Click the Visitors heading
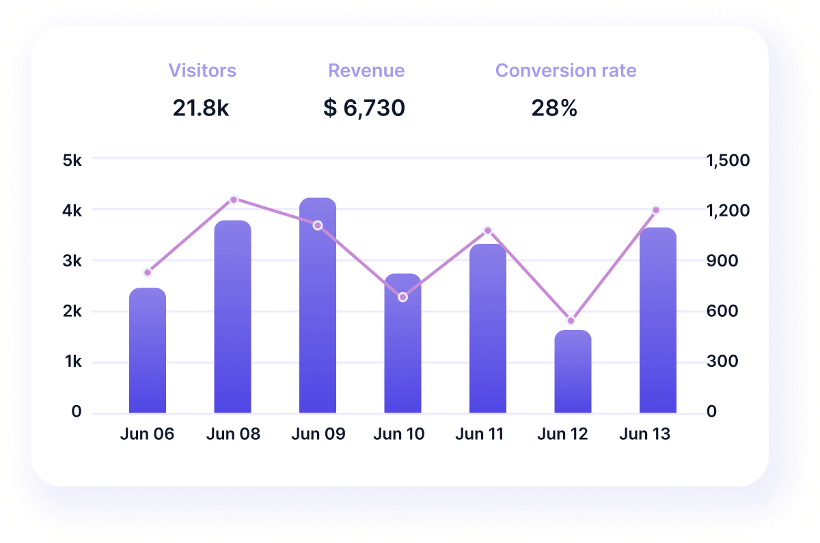[x=202, y=70]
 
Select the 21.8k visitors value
[x=201, y=107]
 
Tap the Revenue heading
[x=366, y=70]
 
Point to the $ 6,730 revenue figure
[x=364, y=107]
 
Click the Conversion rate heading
[x=566, y=70]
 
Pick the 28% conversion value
[x=554, y=107]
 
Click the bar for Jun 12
[x=573, y=372]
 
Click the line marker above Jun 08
[x=233, y=199]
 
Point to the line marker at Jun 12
[x=571, y=320]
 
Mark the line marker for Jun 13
[x=656, y=210]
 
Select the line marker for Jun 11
[x=488, y=230]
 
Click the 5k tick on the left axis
[x=72, y=161]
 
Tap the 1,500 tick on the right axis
[x=728, y=161]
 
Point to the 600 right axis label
[x=722, y=311]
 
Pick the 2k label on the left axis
[x=72, y=311]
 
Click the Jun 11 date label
[x=479, y=434]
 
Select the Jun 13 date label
[x=644, y=434]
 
